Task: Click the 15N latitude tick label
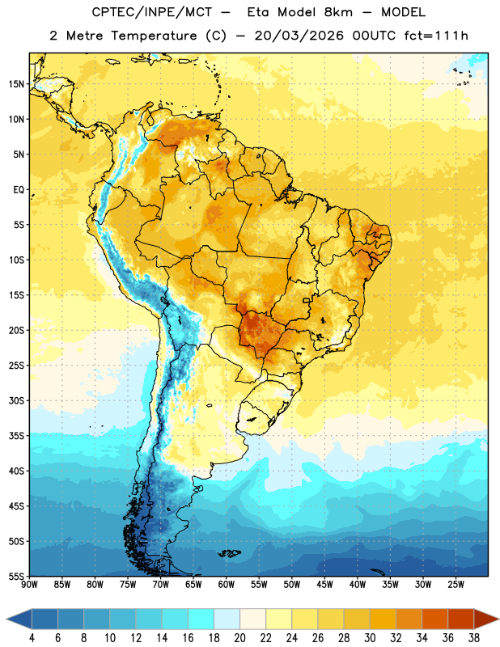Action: tap(16, 84)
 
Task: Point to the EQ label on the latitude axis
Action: tap(19, 190)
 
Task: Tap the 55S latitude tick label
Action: tap(16, 577)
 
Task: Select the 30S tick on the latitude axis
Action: tap(16, 400)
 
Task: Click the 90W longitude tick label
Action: tap(29, 585)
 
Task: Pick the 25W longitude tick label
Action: tap(456, 585)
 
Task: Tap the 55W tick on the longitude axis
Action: tap(259, 585)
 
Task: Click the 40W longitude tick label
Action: tap(358, 585)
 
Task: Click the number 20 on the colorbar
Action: tap(239, 638)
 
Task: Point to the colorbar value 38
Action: tap(474, 638)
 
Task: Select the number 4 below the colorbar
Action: tap(32, 638)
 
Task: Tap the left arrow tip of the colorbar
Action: tap(6, 619)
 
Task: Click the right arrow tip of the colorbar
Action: tap(498, 619)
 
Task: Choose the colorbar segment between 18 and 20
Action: tap(227, 619)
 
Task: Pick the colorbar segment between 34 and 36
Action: tap(435, 619)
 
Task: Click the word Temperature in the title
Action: tap(154, 36)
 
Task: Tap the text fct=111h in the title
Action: tap(436, 36)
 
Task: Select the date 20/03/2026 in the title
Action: tap(299, 36)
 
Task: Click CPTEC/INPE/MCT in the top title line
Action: tap(151, 12)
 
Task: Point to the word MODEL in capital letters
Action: tap(403, 12)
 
